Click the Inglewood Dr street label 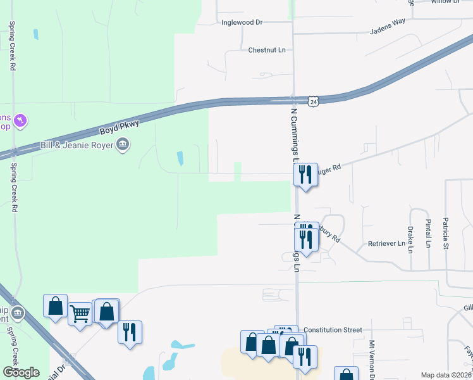[x=242, y=22]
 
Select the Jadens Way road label [x=387, y=29]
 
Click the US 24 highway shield [x=314, y=101]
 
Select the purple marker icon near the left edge [x=21, y=119]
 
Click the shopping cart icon [x=80, y=312]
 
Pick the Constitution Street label [x=333, y=330]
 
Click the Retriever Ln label [x=386, y=243]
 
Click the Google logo [x=20, y=372]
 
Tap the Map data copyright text [x=445, y=375]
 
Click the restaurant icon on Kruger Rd [x=306, y=174]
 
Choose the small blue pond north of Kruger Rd [x=180, y=158]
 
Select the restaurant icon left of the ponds [x=130, y=332]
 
